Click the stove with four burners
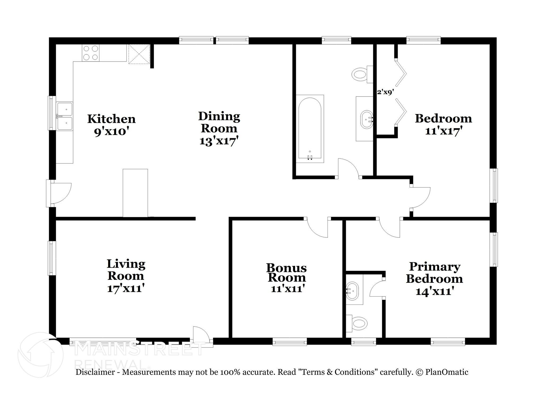91,53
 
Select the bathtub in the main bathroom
310,129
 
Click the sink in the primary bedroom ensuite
353,291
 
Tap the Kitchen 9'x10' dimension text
111,132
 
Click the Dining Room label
219,122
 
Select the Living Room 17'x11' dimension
126,288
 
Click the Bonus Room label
287,273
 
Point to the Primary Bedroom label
435,273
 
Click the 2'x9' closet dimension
385,92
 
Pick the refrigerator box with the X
139,54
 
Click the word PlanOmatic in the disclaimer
447,372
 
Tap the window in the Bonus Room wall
290,341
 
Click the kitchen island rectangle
135,193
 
